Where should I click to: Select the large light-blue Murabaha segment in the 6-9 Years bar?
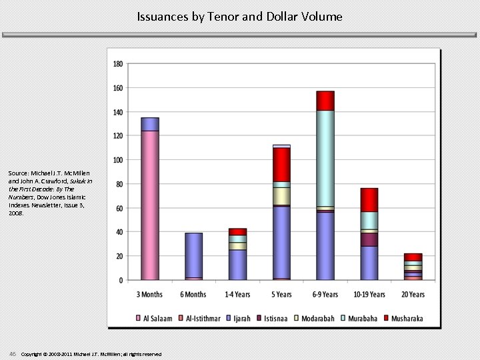325,158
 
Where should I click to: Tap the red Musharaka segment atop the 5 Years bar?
281,164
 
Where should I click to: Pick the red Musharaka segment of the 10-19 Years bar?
369,199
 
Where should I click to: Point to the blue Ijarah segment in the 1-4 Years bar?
237,265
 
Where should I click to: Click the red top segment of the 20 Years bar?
413,257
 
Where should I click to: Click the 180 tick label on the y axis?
118,64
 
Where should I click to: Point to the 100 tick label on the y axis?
118,160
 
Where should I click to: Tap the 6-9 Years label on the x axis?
325,295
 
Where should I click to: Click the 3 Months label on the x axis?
150,295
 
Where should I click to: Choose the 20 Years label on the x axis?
413,295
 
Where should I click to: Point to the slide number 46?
13,353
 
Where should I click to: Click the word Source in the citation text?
18,173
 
